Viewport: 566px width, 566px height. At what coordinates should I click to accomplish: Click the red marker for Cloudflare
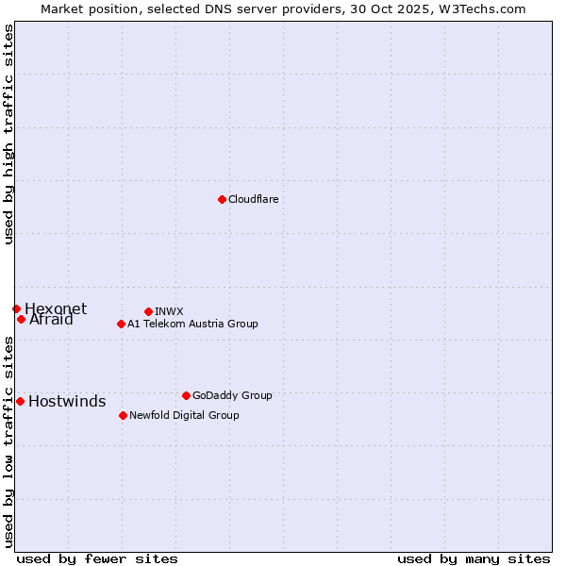222,199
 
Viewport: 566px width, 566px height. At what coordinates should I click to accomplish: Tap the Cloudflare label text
253,199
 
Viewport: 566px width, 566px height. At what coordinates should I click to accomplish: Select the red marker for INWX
148,311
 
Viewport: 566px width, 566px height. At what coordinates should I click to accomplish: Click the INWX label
169,311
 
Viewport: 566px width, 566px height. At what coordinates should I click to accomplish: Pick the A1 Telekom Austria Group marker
121,324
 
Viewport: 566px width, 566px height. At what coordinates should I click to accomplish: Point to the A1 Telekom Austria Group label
192,324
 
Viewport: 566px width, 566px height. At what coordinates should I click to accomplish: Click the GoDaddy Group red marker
186,395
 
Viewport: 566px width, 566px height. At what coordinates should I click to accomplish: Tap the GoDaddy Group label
232,395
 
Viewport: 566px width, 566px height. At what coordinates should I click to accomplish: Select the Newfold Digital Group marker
123,415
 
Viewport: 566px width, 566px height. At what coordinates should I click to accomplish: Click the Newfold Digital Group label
184,415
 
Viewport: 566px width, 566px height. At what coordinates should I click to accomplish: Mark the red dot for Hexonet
16,308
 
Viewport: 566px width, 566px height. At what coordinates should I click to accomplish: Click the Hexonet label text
56,308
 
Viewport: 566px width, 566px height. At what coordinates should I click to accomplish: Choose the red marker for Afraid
21,319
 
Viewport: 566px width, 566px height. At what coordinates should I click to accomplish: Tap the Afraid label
51,320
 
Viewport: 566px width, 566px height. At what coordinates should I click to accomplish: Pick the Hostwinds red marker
20,401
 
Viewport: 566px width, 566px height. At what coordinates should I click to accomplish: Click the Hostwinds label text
67,402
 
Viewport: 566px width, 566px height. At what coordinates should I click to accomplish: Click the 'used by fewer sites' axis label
97,558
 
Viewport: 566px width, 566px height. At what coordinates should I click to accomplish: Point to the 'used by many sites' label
474,558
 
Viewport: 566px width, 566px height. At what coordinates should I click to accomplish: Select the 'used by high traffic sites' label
8,134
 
